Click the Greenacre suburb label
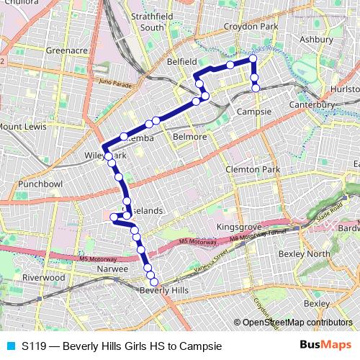(x=66, y=51)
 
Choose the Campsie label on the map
(x=253, y=113)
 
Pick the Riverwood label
(x=44, y=277)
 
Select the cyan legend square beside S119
(x=10, y=346)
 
